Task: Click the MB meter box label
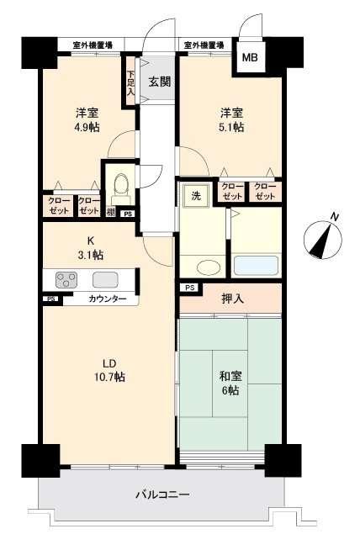click(x=250, y=57)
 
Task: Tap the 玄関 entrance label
click(x=160, y=82)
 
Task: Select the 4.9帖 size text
click(x=87, y=127)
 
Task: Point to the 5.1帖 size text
click(x=231, y=127)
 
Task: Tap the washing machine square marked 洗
click(x=196, y=195)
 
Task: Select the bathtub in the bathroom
click(x=256, y=265)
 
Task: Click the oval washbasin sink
click(x=209, y=267)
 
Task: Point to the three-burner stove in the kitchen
click(x=66, y=279)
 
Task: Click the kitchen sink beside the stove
click(x=104, y=279)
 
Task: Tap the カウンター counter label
click(x=108, y=299)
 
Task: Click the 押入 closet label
click(x=232, y=299)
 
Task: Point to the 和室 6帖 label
click(x=230, y=383)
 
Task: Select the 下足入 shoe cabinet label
click(x=130, y=83)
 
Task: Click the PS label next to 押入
click(x=189, y=288)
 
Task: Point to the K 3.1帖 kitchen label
click(x=91, y=247)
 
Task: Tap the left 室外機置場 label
click(x=93, y=45)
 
